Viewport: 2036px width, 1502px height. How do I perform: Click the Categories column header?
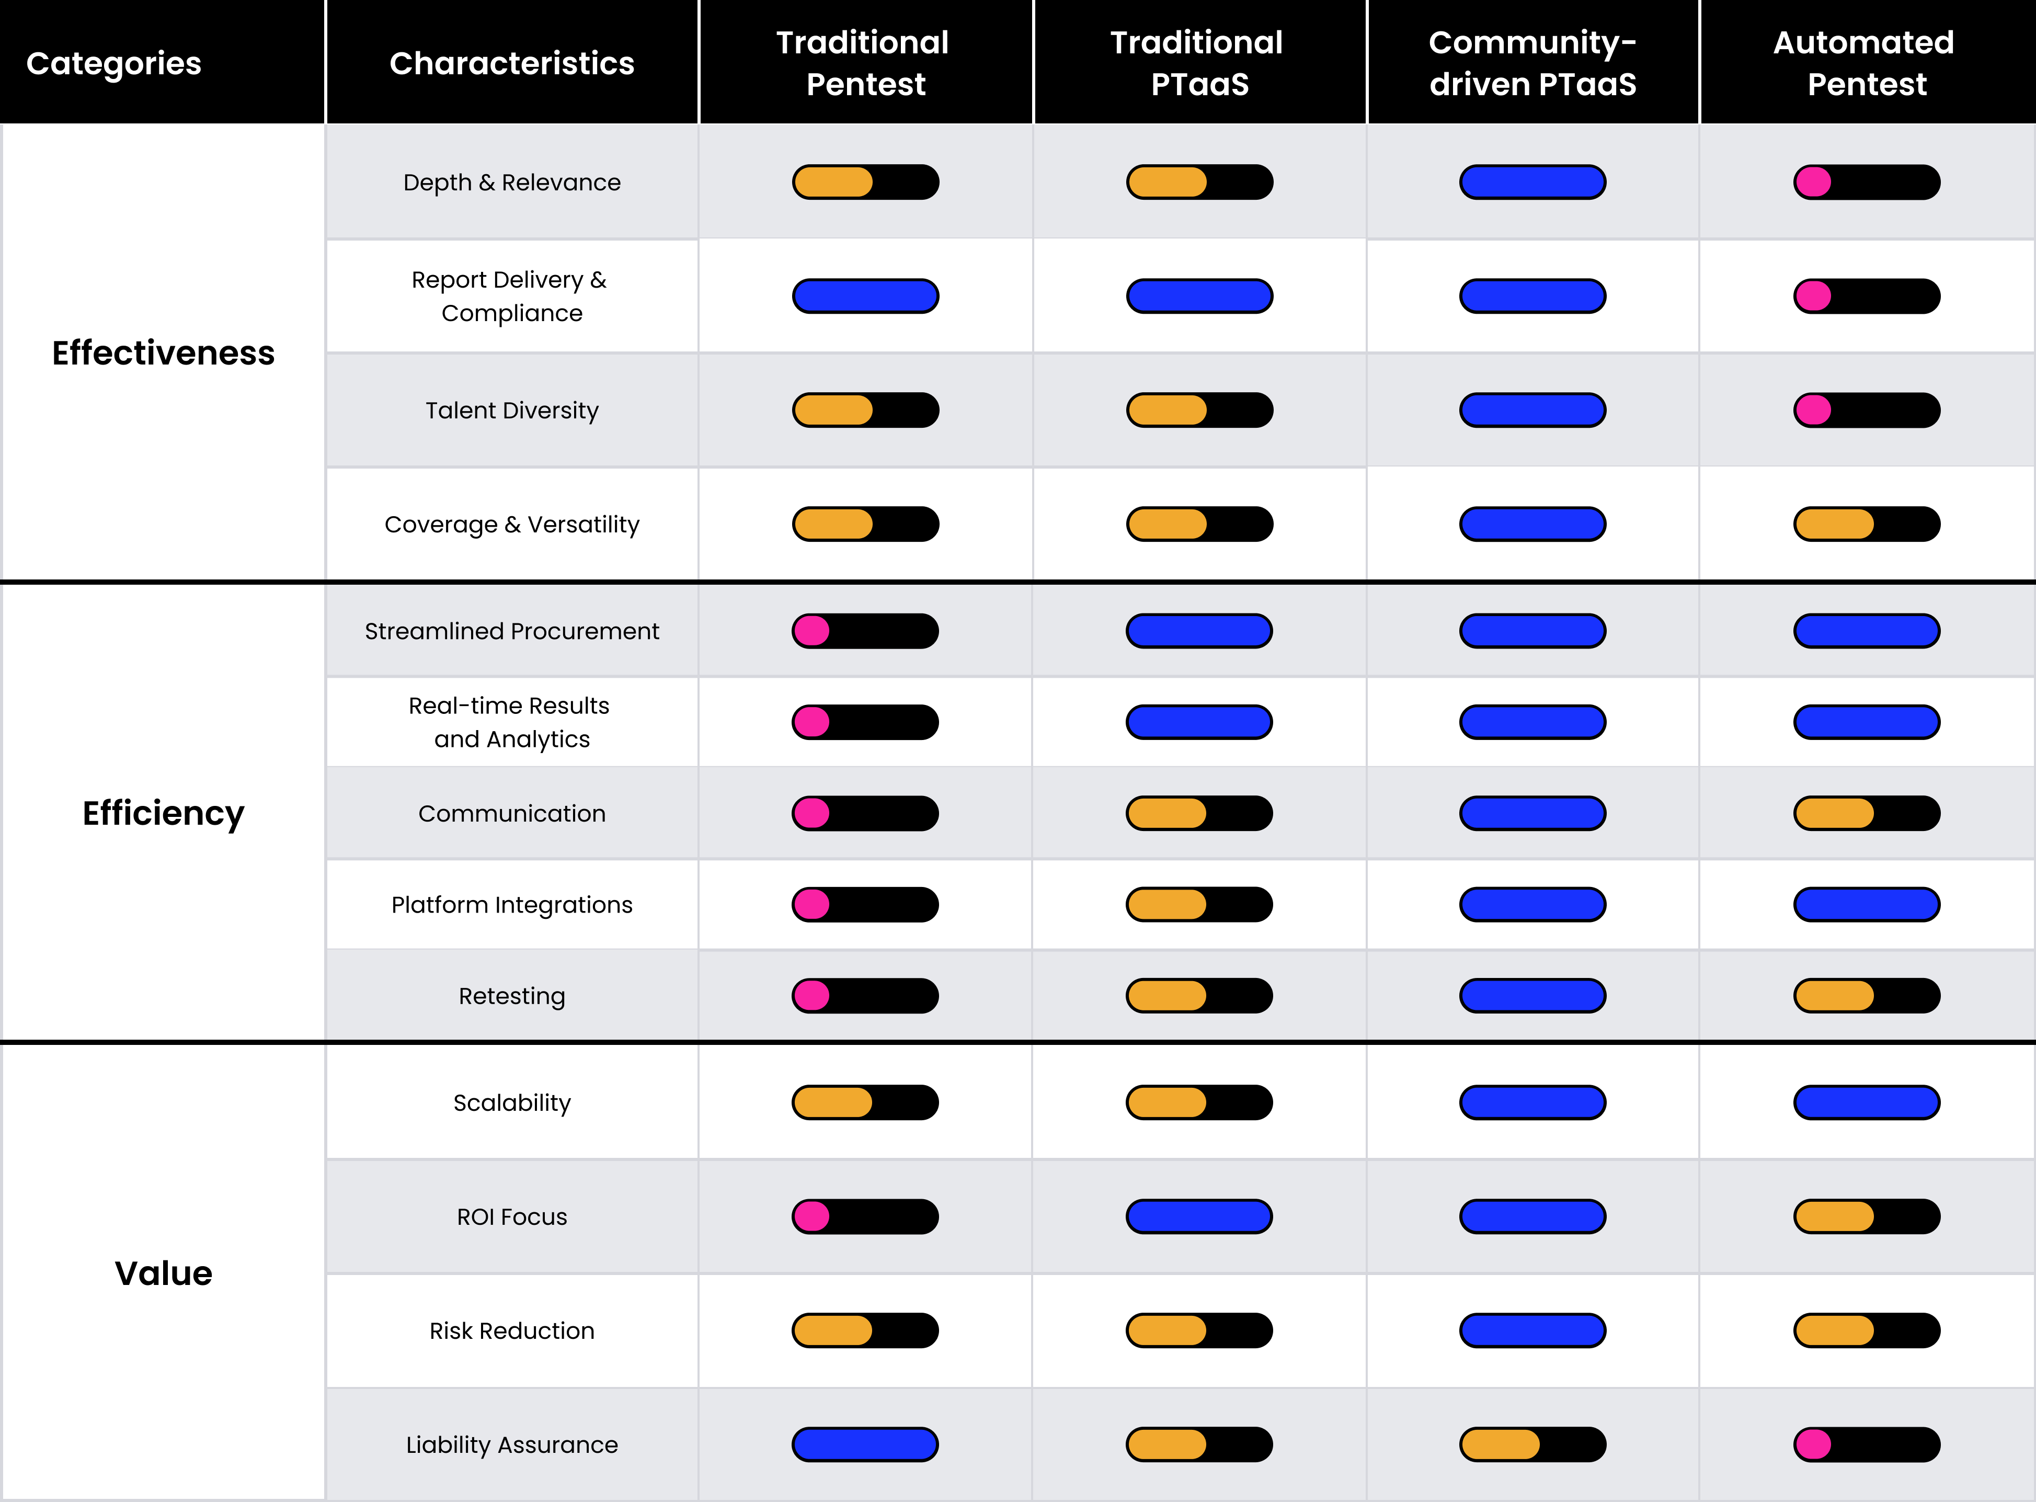(113, 63)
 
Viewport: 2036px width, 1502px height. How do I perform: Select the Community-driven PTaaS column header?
(1532, 63)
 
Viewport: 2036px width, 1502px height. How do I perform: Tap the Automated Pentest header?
(1865, 63)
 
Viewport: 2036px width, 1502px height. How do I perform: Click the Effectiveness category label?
(163, 353)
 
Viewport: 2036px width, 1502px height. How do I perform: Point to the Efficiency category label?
(163, 813)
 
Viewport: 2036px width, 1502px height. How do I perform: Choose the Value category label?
(163, 1273)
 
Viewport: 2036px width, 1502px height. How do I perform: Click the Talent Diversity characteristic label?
(512, 410)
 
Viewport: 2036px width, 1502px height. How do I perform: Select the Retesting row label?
(512, 996)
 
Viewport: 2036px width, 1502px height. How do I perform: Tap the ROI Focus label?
(512, 1216)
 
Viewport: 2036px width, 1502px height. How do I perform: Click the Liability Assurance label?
(512, 1444)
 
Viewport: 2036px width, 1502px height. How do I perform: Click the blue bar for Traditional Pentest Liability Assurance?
(864, 1444)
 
